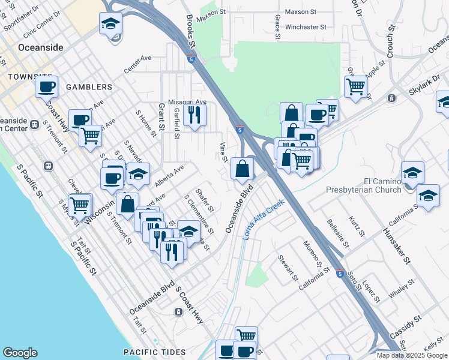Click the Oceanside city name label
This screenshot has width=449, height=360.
(40, 47)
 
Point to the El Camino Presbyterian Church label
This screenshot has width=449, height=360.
(363, 185)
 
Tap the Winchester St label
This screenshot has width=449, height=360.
(306, 27)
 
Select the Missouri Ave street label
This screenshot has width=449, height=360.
(187, 102)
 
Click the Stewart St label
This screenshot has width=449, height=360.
(288, 267)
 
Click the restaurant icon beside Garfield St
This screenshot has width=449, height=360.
(194, 114)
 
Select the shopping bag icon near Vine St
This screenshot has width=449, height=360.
(242, 169)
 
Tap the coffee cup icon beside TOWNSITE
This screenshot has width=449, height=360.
(46, 87)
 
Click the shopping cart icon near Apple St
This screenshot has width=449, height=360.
(356, 86)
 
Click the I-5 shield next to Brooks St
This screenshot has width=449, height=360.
(190, 59)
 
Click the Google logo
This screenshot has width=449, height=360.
(20, 353)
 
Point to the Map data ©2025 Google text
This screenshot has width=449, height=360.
(411, 355)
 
